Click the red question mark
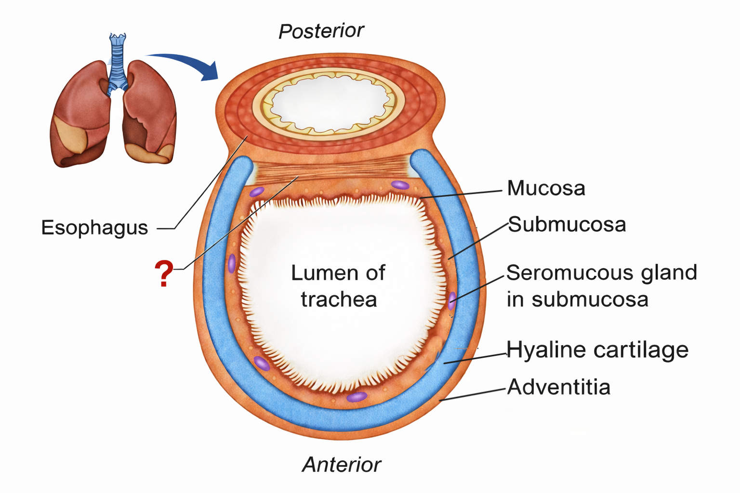pos(164,273)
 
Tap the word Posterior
pos(321,31)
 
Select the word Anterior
pos(341,465)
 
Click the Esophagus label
pos(94,228)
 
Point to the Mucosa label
pos(546,188)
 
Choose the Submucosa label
pos(567,224)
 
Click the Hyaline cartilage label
pos(597,350)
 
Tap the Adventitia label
pos(559,387)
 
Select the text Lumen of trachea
pos(338,286)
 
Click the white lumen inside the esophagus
pos(330,102)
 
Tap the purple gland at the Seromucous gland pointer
pos(452,301)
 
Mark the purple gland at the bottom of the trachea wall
pos(357,397)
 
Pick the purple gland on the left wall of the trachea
pos(232,264)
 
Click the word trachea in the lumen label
pos(339,299)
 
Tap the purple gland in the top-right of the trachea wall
pos(400,185)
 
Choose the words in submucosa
pos(577,299)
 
